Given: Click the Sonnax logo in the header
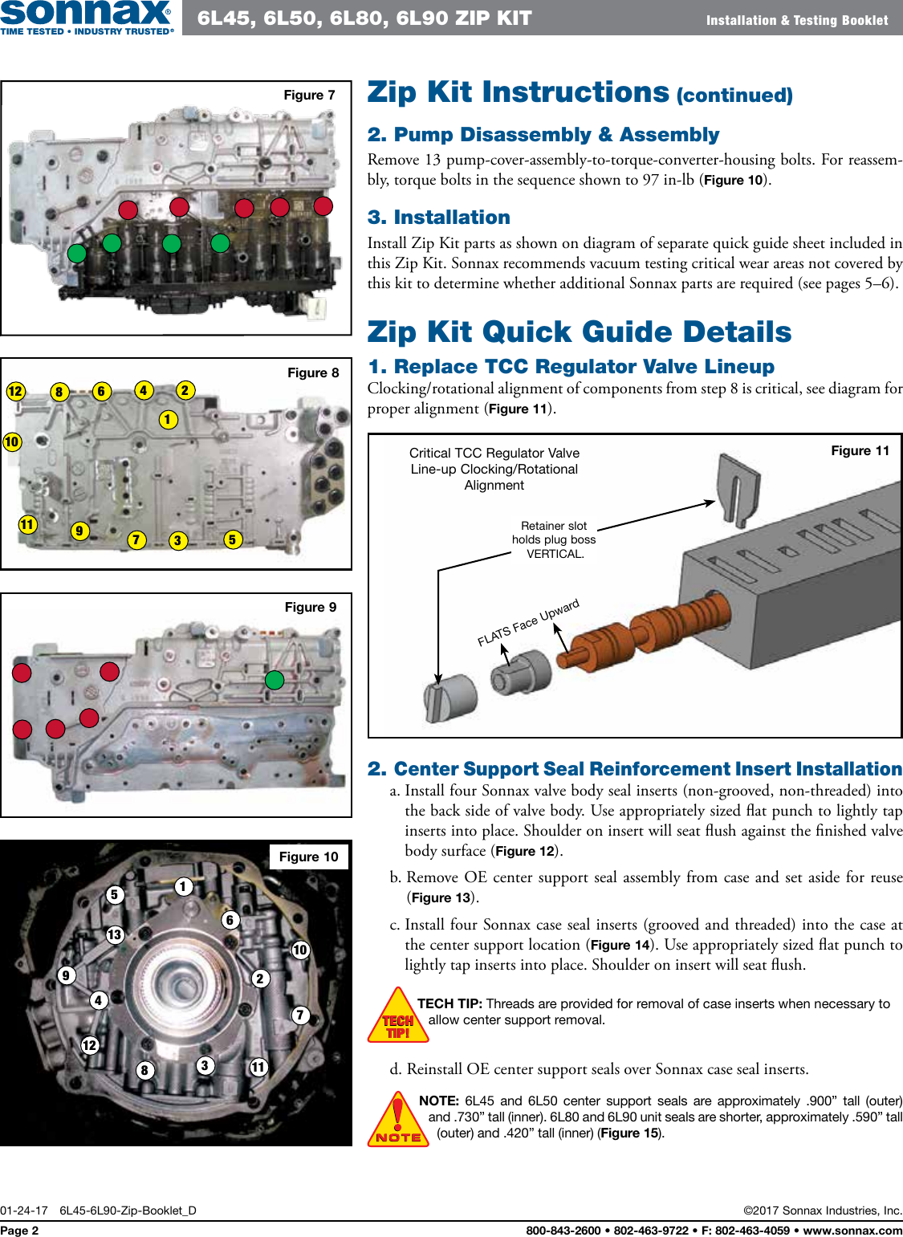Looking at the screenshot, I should [x=87, y=17].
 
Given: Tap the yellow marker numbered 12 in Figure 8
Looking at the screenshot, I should [x=15, y=391].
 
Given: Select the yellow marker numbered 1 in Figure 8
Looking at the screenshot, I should [x=168, y=419].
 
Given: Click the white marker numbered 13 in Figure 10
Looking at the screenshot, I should [x=115, y=934].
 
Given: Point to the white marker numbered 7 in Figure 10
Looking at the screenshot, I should [x=300, y=1015].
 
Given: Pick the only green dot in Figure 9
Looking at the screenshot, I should [x=275, y=680].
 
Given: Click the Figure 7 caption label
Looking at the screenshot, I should [x=309, y=95].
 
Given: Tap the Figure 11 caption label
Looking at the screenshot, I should [x=860, y=450].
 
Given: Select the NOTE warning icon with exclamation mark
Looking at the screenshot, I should [x=398, y=1120].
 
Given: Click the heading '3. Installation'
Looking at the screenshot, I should [x=438, y=217].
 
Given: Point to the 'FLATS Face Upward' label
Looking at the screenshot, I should [x=527, y=623].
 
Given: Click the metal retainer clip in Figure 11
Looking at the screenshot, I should [x=737, y=489].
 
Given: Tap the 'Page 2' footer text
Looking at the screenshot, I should [x=19, y=1230].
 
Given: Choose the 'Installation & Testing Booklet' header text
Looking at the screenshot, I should [x=796, y=20].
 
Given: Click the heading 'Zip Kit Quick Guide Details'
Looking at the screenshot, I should [x=579, y=332].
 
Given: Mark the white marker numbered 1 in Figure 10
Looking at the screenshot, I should [x=183, y=886].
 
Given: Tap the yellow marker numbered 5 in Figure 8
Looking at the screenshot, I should [x=232, y=539].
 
